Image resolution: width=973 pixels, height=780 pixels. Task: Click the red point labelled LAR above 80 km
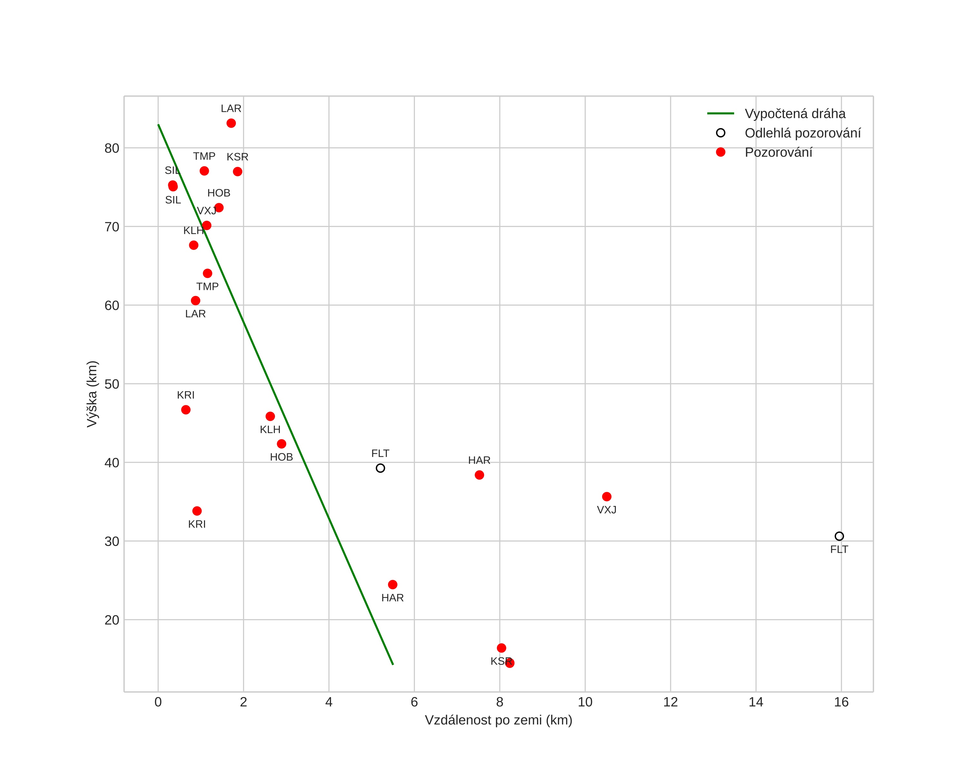point(231,123)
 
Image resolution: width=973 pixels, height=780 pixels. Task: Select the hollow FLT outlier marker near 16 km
point(839,536)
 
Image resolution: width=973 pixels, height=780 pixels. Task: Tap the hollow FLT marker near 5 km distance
point(380,468)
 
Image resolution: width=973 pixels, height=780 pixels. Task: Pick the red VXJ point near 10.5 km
point(607,497)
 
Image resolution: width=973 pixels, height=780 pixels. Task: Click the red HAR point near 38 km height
point(479,475)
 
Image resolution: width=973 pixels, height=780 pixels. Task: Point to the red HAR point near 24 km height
point(393,585)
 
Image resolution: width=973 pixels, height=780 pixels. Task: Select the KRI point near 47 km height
point(186,410)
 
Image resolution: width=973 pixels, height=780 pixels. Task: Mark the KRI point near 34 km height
point(197,511)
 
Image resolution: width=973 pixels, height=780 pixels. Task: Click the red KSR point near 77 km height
point(238,172)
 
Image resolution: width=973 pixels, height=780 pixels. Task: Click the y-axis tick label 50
point(112,384)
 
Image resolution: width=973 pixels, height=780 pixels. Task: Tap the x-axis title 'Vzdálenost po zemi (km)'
point(498,720)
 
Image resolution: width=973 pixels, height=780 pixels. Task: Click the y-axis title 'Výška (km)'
point(92,394)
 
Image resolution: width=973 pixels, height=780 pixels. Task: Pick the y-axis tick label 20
point(112,620)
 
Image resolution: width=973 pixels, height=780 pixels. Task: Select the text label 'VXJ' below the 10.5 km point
point(607,510)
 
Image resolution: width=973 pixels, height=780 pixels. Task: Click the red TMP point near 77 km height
point(204,171)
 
